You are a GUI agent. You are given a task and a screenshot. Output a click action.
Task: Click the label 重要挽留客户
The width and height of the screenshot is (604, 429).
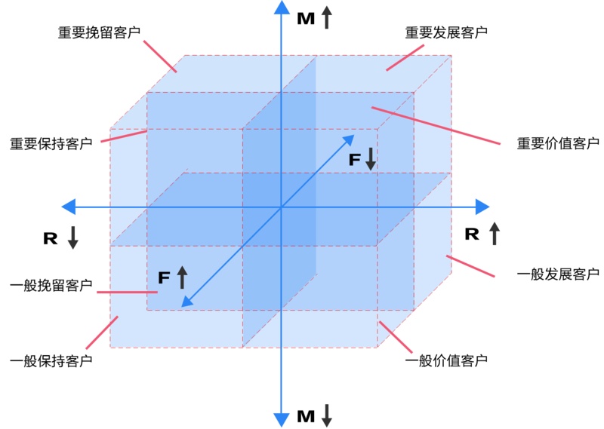point(99,33)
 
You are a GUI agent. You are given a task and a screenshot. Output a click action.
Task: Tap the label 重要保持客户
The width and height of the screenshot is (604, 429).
point(51,143)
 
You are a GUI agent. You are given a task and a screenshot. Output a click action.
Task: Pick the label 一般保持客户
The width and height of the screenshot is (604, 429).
point(51,361)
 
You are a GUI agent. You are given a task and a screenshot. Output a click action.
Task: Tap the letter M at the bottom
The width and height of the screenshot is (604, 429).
point(306,416)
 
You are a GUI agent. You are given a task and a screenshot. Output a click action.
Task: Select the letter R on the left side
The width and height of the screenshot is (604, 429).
point(51,238)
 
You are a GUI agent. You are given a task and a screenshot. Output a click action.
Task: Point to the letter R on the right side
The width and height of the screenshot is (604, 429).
point(472,234)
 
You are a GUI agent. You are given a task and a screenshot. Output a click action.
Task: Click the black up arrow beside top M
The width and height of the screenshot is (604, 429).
point(326,17)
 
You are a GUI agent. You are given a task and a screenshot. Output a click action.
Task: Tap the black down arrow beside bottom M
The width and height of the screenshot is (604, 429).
point(326,415)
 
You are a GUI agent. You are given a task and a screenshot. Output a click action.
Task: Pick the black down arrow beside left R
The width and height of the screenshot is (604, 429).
point(72,237)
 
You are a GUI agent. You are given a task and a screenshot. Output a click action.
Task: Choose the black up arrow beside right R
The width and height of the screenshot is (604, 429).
point(494,233)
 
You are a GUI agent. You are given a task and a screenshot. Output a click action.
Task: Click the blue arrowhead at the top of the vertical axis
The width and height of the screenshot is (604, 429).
point(281,8)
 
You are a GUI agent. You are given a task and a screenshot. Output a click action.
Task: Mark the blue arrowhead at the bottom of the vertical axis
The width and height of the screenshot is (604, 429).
point(281,420)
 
